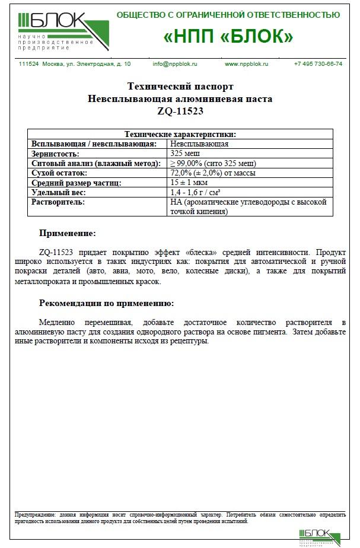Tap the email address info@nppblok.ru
(175, 63)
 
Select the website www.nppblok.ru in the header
(247, 63)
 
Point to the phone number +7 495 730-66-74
(318, 63)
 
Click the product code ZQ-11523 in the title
(180, 110)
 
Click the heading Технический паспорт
(180, 87)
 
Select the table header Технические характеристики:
(179, 135)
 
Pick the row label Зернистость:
(55, 154)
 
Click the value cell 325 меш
(184, 154)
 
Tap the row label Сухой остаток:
(59, 173)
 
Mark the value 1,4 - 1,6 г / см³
(195, 193)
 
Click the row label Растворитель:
(58, 202)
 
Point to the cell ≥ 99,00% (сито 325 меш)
(213, 163)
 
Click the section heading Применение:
(67, 234)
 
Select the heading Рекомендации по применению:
(106, 303)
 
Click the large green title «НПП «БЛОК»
(228, 36)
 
